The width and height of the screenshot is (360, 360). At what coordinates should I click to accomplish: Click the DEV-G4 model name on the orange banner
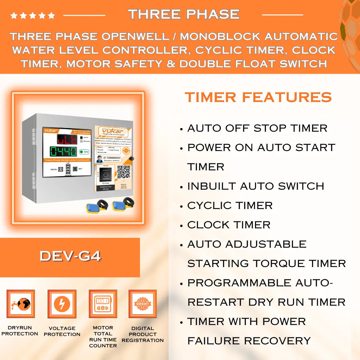pyautogui.click(x=70, y=256)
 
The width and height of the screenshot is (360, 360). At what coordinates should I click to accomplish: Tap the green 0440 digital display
pyautogui.click(x=63, y=152)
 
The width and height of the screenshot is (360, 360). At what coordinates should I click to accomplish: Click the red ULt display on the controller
pyautogui.click(x=67, y=139)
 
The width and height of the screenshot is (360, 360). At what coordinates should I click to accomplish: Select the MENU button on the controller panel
pyautogui.click(x=61, y=169)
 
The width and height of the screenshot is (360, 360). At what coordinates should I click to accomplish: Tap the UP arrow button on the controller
pyautogui.click(x=68, y=166)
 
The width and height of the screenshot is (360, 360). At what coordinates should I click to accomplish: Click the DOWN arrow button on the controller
pyautogui.click(x=68, y=172)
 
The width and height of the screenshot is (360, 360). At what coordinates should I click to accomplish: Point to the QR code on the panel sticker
pyautogui.click(x=123, y=171)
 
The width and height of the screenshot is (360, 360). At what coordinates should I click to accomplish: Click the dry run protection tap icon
pyautogui.click(x=21, y=304)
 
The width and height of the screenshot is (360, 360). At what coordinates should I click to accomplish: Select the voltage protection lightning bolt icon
pyautogui.click(x=62, y=304)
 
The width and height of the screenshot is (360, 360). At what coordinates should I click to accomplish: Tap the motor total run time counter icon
pyautogui.click(x=103, y=304)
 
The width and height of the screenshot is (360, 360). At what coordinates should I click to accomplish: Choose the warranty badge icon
pyautogui.click(x=143, y=304)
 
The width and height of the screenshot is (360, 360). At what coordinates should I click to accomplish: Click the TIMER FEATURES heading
pyautogui.click(x=258, y=97)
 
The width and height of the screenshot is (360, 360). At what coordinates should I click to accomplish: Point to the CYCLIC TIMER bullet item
pyautogui.click(x=230, y=205)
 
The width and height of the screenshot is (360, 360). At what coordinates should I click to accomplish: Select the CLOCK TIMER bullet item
pyautogui.click(x=229, y=225)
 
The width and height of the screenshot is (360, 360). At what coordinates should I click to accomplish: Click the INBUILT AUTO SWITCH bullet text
pyautogui.click(x=255, y=186)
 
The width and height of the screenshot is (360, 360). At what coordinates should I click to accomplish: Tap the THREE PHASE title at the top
pyautogui.click(x=184, y=14)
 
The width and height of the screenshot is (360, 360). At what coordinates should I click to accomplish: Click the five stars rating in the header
pyautogui.click(x=32, y=15)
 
